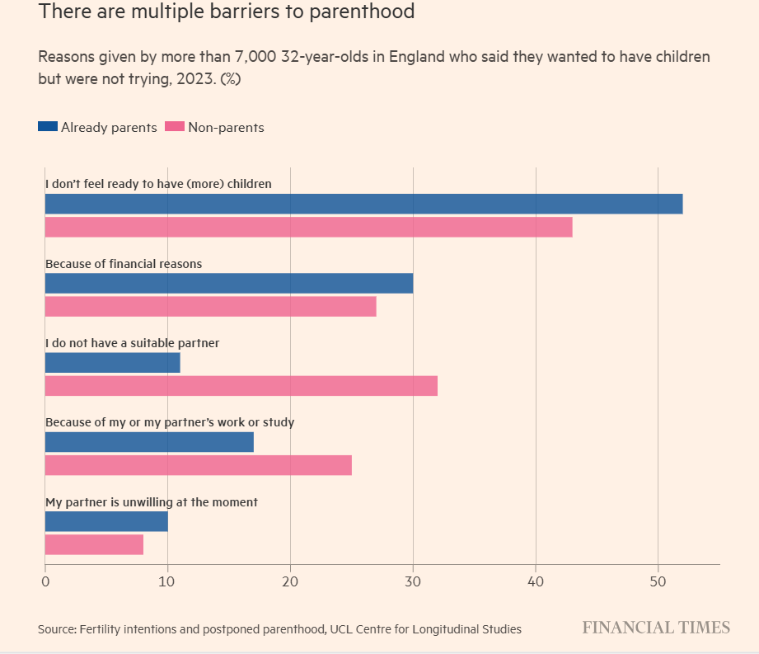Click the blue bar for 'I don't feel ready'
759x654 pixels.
pos(363,204)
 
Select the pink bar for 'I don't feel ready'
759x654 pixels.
pos(308,227)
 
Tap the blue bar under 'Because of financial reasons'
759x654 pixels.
pos(229,284)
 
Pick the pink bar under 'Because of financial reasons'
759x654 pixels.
pos(210,307)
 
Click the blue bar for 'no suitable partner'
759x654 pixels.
pos(112,363)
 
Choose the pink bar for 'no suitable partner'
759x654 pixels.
pos(241,386)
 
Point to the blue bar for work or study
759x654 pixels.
pos(149,442)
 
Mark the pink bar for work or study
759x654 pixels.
pos(198,465)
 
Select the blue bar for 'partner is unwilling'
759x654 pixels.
pos(106,521)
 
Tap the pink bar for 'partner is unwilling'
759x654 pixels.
pos(94,544)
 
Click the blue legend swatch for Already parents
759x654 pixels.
pos(48,127)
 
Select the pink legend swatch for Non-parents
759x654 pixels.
pos(175,127)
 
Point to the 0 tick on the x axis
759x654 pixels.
pos(45,581)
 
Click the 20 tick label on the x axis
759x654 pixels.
pos(290,581)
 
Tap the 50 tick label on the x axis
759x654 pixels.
pos(658,581)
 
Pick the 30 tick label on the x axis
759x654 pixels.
pos(413,581)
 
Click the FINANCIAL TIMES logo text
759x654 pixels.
pos(656,628)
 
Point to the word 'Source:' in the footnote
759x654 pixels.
pos(57,629)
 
